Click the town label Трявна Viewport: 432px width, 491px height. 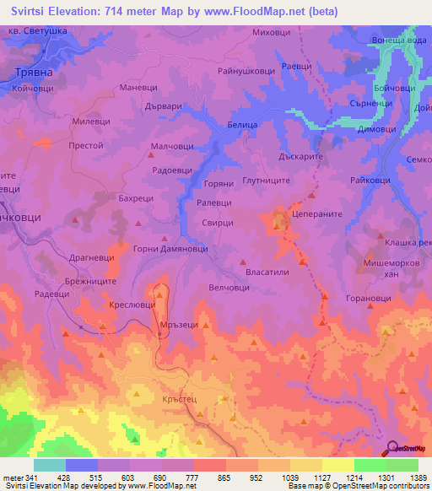coord(34,73)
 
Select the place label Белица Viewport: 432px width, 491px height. coord(242,124)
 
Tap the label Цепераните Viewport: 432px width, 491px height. coord(316,215)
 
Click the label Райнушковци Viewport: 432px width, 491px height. coord(246,72)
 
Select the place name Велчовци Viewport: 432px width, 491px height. coord(231,287)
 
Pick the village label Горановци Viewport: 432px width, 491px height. coord(372,299)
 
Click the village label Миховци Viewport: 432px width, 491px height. coord(272,32)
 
